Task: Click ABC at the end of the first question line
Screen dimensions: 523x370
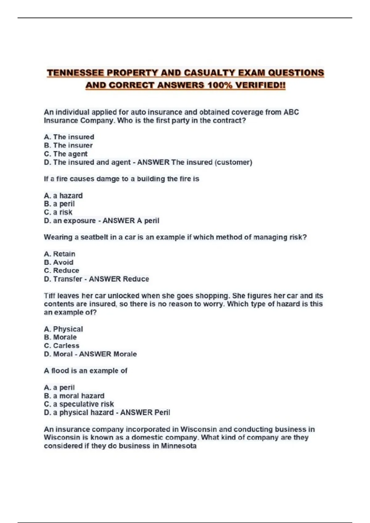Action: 291,112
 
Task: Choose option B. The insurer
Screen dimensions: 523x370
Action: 68,145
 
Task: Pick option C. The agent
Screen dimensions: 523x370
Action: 66,154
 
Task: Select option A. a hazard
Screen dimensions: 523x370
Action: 63,196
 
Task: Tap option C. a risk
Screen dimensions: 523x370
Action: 58,212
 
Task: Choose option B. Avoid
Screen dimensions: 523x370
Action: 59,262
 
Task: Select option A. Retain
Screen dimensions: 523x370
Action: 60,254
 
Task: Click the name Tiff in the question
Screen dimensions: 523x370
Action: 49,296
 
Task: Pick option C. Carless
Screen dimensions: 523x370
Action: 61,345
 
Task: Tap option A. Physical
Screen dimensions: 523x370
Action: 63,329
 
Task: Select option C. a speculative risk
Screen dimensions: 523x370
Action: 79,404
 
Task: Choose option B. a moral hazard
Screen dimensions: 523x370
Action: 74,396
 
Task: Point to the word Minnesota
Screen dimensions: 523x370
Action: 179,446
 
